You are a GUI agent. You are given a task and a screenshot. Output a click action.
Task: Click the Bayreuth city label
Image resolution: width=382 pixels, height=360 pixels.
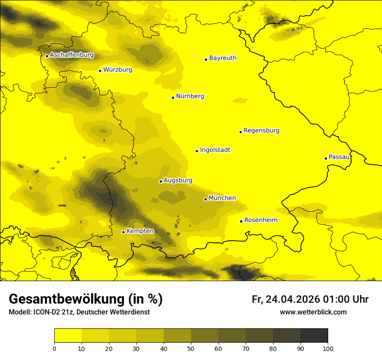(x=223, y=58)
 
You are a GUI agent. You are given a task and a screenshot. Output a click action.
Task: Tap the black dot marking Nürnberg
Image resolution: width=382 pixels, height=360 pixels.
(x=173, y=98)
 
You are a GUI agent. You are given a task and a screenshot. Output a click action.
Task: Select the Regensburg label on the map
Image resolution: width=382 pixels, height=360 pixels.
(x=261, y=131)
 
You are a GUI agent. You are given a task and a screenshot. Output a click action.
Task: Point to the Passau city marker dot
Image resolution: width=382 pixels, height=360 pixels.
(x=326, y=158)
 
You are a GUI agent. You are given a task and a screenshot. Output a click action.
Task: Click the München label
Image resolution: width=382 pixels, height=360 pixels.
(x=222, y=198)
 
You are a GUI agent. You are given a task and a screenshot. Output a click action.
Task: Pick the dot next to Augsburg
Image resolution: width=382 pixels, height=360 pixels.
(x=161, y=181)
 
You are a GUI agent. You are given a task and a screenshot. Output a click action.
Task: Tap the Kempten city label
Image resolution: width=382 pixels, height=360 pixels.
(x=140, y=231)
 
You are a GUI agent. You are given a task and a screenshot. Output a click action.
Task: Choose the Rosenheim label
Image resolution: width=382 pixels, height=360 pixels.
(x=260, y=220)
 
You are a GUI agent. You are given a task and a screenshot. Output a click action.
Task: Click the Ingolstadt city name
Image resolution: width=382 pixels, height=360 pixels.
(x=215, y=150)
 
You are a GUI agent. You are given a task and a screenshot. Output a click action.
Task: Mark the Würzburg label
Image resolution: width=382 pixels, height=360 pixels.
(x=118, y=70)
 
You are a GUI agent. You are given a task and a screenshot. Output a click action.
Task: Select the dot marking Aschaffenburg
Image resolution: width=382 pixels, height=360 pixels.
(x=47, y=56)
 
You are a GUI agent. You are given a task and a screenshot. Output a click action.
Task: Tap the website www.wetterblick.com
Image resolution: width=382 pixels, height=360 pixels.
(x=313, y=312)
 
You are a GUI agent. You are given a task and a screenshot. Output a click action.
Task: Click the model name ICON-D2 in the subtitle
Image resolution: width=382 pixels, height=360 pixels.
(x=47, y=312)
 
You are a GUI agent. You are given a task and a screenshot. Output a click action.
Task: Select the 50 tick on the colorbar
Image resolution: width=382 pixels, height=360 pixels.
(x=191, y=348)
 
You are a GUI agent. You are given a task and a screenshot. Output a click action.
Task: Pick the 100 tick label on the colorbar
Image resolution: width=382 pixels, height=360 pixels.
(x=328, y=348)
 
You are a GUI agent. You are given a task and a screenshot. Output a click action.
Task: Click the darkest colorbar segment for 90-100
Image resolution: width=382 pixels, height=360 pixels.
(x=314, y=336)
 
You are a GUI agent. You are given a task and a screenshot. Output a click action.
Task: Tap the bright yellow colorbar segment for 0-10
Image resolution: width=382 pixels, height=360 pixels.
(x=68, y=336)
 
